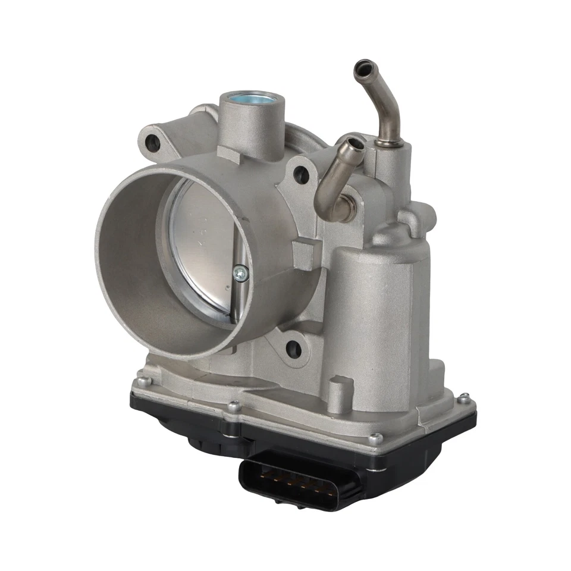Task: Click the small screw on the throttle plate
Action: click(x=240, y=273)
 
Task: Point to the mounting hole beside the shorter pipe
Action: click(x=302, y=174)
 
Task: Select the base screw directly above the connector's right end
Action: click(x=374, y=439)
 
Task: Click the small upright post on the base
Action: click(x=337, y=393)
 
